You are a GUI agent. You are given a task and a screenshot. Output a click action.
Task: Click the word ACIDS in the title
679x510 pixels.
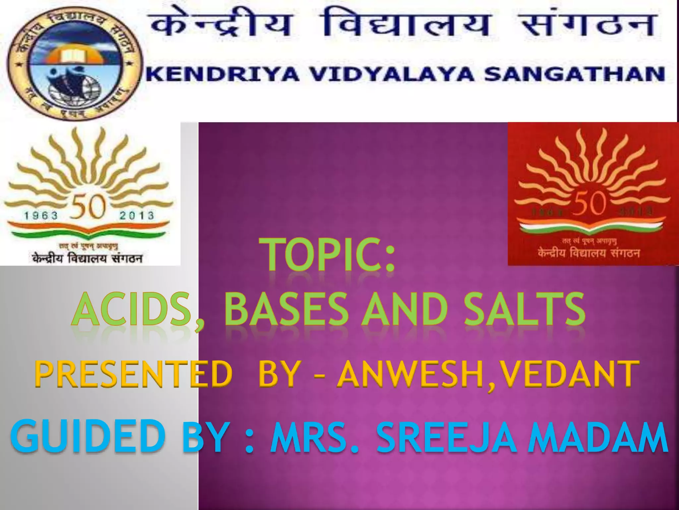click(x=133, y=309)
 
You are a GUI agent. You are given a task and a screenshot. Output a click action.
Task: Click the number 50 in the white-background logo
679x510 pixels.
click(x=89, y=207)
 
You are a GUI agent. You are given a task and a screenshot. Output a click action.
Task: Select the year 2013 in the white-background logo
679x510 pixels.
click(x=137, y=215)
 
